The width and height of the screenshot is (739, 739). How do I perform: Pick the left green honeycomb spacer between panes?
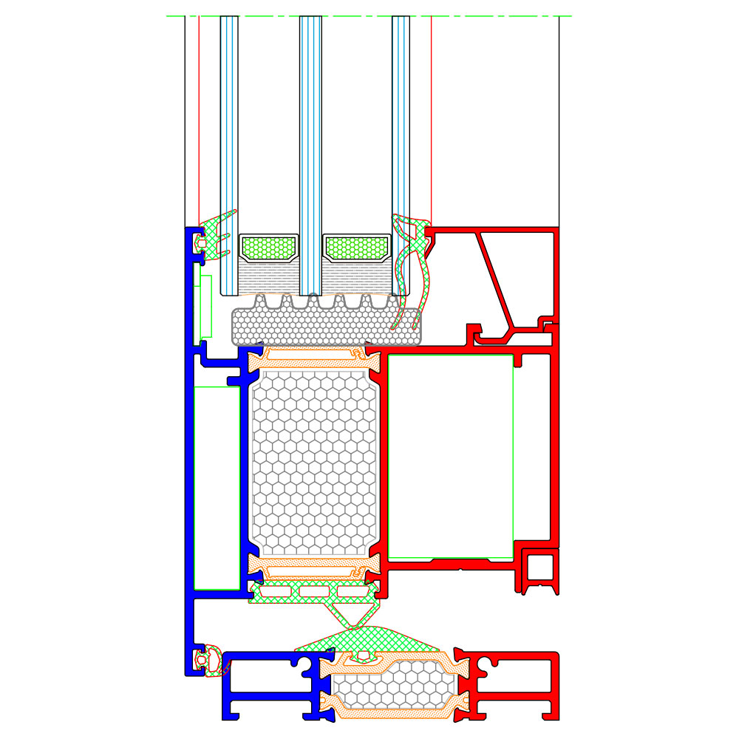(270, 248)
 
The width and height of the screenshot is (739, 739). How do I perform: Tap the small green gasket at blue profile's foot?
(212, 660)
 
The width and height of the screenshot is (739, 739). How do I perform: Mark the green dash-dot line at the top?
(369, 16)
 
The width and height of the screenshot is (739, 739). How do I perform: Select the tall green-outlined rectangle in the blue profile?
(217, 488)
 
